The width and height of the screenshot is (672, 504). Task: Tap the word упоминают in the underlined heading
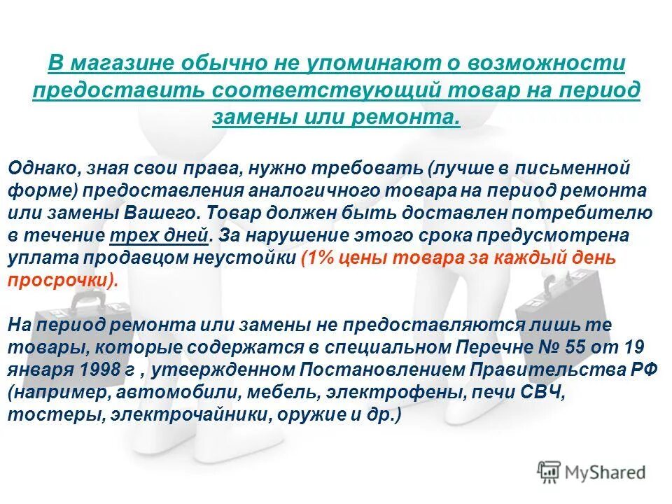coord(368,64)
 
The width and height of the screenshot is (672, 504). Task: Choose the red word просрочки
coord(59,280)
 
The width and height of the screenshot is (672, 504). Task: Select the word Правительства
coord(564,370)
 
